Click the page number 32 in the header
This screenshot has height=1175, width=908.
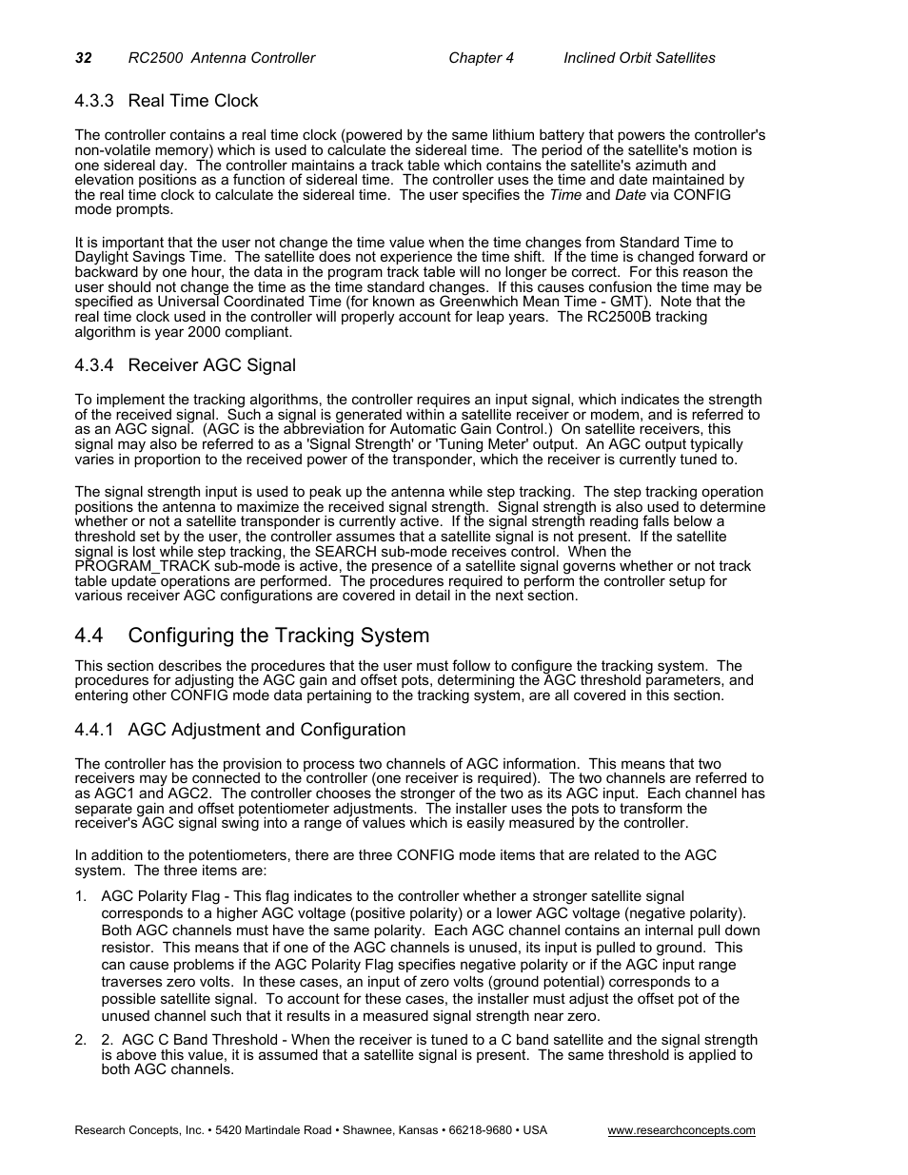tap(83, 58)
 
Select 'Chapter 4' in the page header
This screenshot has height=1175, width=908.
tap(481, 58)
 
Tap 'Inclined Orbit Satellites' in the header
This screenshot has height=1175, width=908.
tap(639, 58)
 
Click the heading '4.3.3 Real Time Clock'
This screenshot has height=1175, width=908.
tap(167, 101)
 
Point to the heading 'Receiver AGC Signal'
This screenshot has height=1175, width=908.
tap(211, 365)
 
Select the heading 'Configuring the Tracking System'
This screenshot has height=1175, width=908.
tap(278, 636)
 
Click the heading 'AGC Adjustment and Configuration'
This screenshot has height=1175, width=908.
tap(266, 730)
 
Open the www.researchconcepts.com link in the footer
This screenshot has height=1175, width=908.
tap(681, 1130)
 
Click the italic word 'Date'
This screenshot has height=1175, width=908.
tap(630, 195)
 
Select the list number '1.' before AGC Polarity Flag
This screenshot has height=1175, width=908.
tap(81, 896)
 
